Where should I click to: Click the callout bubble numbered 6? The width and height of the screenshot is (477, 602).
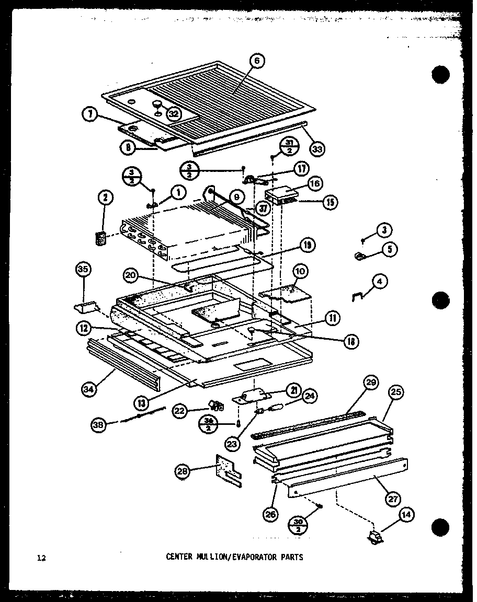257,61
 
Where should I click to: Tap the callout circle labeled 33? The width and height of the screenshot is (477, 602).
317,148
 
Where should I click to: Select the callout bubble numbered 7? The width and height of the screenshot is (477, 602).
90,115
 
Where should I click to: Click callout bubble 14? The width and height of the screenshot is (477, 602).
405,515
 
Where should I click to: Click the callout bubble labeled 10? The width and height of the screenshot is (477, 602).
300,271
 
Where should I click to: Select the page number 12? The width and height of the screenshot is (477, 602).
42,558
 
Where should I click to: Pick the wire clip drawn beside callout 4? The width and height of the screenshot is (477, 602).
357,297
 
